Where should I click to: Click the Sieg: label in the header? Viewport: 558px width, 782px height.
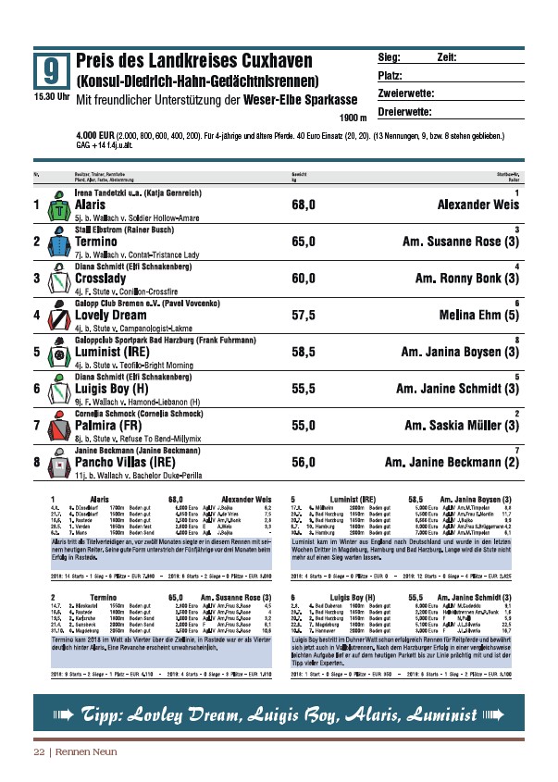click(390, 57)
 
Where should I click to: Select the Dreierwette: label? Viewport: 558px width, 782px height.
click(405, 113)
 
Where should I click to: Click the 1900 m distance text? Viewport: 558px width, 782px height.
click(353, 118)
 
